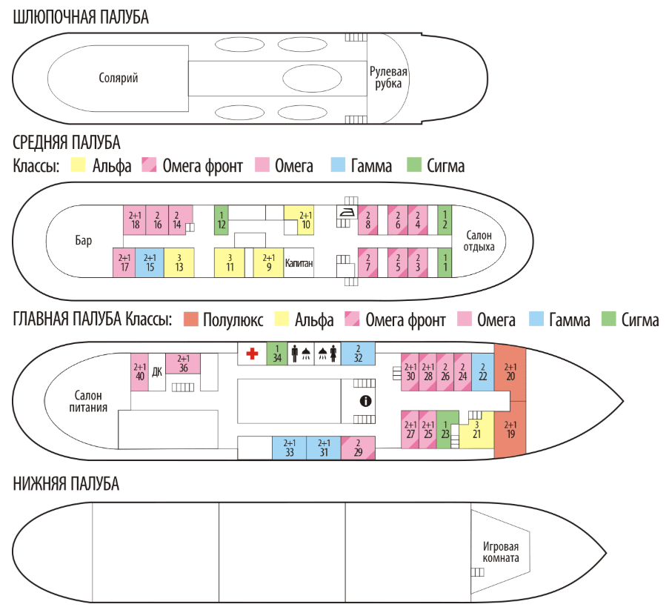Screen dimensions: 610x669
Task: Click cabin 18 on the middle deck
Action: point(134,219)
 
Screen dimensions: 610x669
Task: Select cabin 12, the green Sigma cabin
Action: point(222,219)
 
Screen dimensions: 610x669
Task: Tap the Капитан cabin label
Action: point(298,263)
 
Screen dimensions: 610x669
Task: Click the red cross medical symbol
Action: point(252,354)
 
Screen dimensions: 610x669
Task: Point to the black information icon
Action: point(365,401)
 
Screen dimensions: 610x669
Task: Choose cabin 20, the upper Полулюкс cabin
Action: point(510,371)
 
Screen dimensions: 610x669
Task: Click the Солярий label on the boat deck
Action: point(119,78)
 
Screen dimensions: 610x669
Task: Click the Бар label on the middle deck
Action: point(84,241)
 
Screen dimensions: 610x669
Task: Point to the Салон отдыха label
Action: point(479,241)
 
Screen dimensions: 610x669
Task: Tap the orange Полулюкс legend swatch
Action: point(190,320)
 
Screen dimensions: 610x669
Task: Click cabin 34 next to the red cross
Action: point(276,354)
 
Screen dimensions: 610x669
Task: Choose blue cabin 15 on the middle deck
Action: point(150,263)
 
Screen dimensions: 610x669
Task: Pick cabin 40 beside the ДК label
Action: point(140,371)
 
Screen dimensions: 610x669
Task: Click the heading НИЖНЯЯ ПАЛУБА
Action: point(66,484)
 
